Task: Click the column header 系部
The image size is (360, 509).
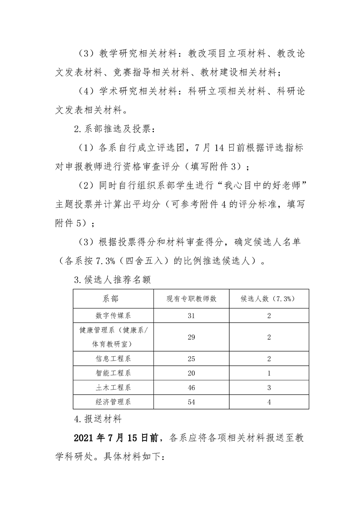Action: (x=113, y=299)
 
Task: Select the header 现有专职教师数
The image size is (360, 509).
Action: (x=191, y=299)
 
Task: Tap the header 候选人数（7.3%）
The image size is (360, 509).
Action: (x=269, y=299)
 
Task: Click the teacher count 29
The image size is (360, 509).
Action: (x=191, y=337)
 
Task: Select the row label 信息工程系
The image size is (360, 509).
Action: (x=113, y=359)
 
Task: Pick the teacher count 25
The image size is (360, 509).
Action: (x=191, y=359)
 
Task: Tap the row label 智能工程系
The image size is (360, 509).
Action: (x=113, y=373)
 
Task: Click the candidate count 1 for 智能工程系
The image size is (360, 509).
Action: (x=269, y=373)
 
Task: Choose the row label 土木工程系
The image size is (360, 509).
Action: (x=113, y=388)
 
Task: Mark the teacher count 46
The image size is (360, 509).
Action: (x=191, y=388)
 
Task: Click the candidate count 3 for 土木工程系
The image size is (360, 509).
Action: (x=269, y=388)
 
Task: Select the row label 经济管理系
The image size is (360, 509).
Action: (x=113, y=402)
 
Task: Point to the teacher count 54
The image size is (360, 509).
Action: (x=191, y=402)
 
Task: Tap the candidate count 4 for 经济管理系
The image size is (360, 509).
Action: (x=269, y=402)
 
